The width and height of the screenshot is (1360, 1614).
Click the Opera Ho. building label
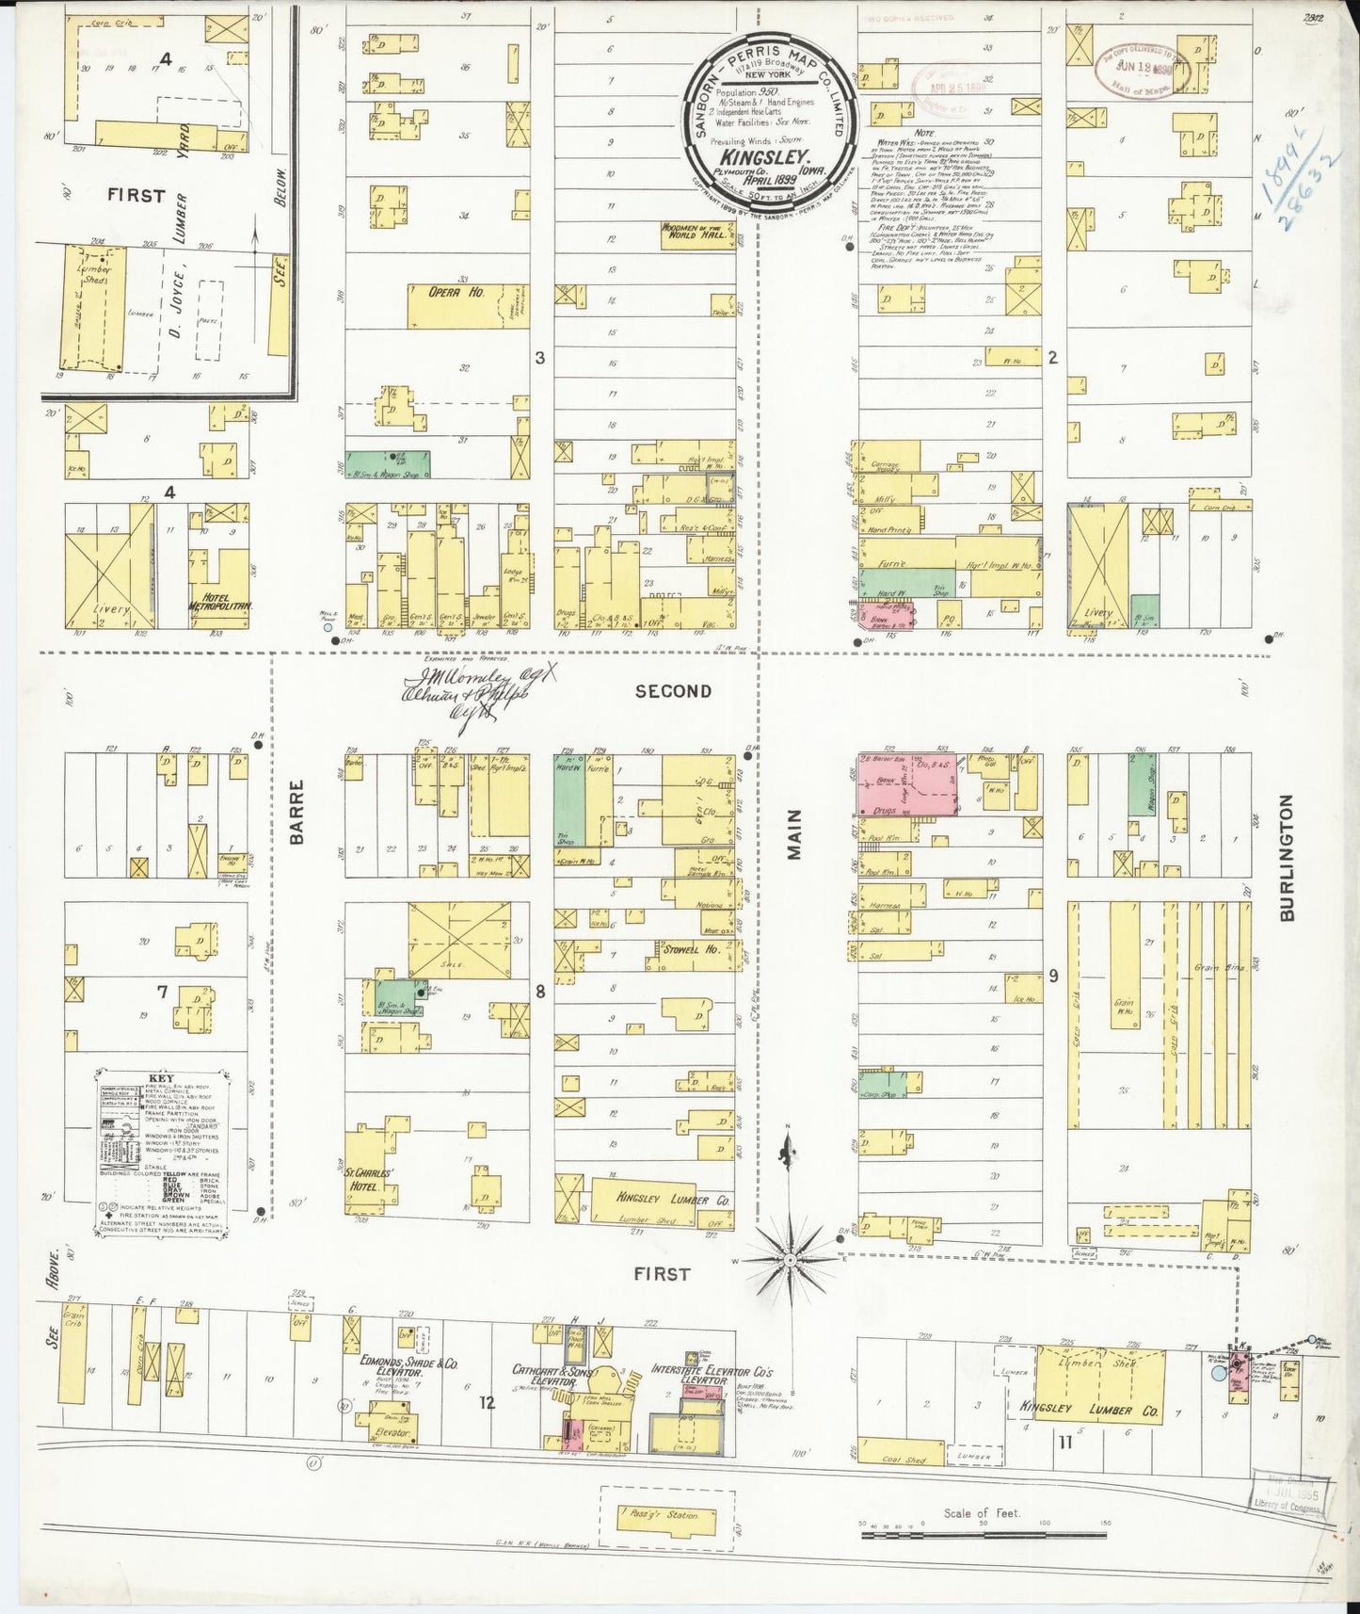pos(456,293)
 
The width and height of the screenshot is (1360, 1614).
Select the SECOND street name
pos(673,690)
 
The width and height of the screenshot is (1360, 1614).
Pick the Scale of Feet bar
pos(983,1534)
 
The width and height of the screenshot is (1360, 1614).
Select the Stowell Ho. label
pos(691,949)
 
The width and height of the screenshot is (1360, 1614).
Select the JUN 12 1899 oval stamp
pos(1143,67)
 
